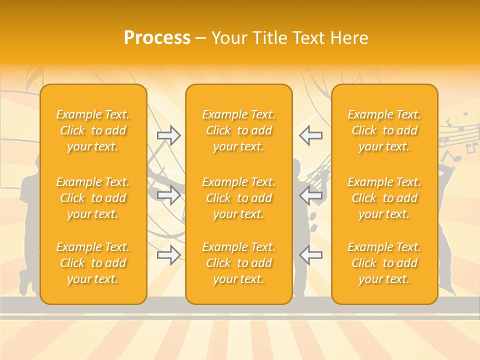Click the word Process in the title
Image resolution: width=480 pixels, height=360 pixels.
point(157,38)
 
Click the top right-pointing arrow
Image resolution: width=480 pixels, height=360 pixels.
point(169,135)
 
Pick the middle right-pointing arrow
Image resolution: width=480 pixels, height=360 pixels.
point(169,195)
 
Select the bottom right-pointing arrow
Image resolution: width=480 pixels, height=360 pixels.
point(169,255)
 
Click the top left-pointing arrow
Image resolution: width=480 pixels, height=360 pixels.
point(310,135)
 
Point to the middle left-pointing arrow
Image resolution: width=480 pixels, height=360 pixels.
point(310,195)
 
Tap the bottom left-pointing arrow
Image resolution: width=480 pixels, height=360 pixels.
point(310,255)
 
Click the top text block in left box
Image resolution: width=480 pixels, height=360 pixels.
point(93,130)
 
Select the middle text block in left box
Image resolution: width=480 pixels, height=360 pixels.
point(93,198)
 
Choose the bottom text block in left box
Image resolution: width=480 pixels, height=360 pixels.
point(93,263)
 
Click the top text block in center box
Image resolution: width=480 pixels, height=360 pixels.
point(239,130)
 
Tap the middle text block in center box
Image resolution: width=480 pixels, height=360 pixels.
point(239,198)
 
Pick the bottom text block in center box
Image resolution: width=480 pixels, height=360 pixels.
point(239,263)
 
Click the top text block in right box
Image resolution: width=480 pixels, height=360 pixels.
point(384,130)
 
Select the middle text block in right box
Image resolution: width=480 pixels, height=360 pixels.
point(384,198)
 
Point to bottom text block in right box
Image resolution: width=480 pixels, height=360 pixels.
point(384,263)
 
